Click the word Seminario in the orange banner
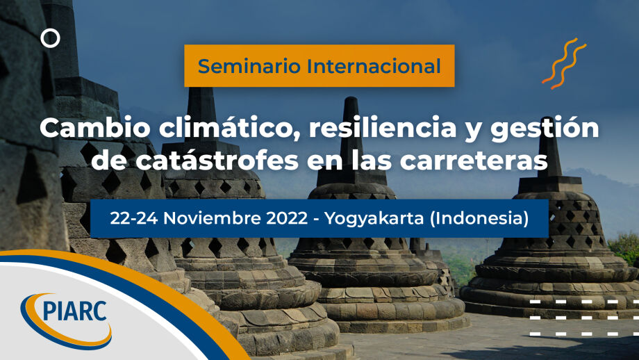249,66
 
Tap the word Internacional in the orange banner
374,66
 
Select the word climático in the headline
231,128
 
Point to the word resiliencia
383,128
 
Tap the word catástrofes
217,161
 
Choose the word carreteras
474,161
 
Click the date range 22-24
133,218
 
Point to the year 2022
287,218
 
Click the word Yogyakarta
374,219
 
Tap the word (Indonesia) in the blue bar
479,218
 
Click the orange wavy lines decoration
564,63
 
